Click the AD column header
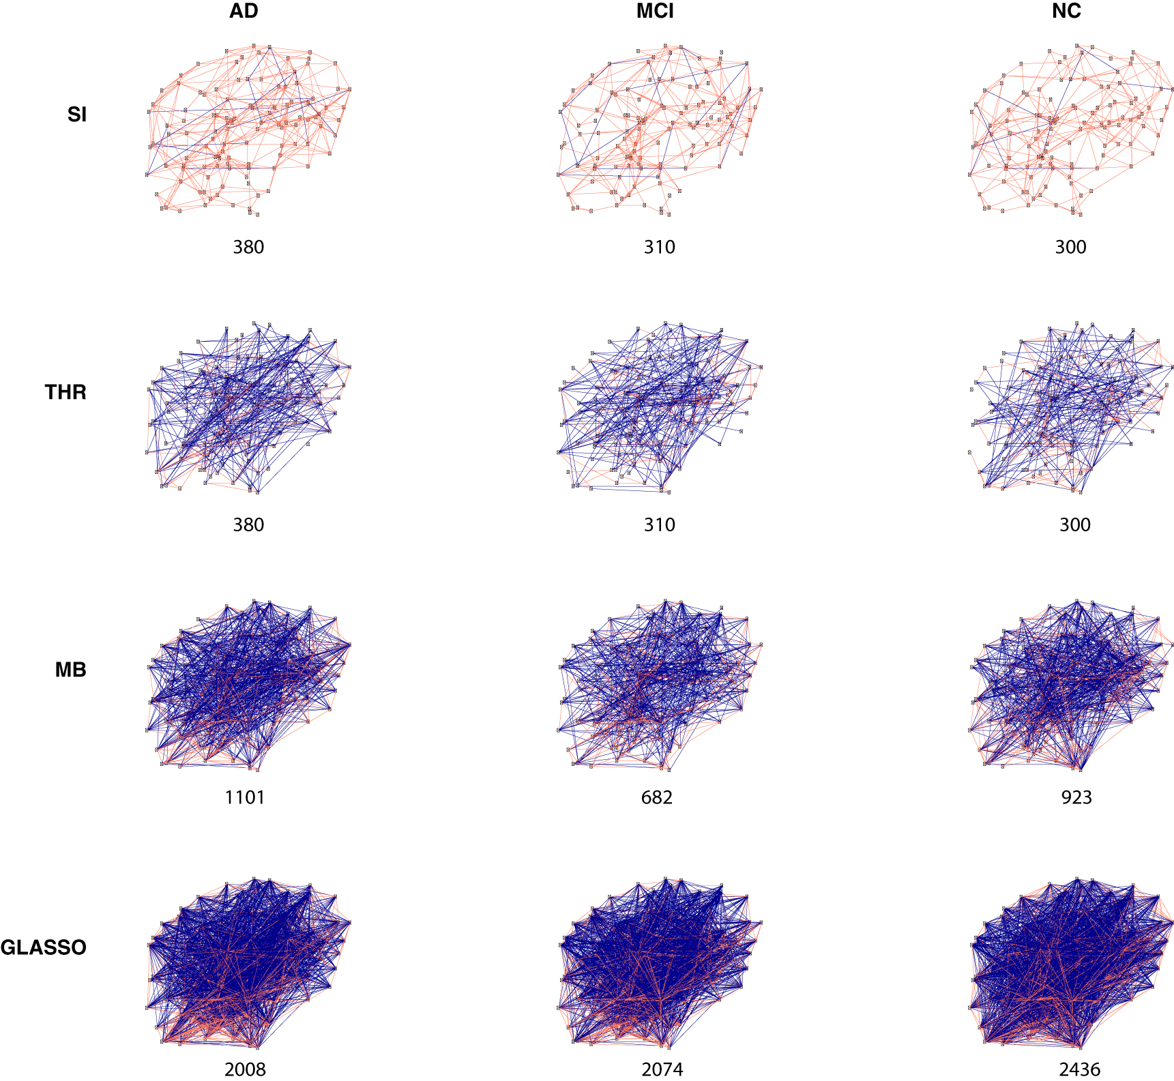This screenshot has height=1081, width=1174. pos(244,11)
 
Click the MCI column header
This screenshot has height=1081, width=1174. pos(655,11)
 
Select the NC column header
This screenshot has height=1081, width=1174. pos(1066,11)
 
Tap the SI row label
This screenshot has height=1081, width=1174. pos(77,114)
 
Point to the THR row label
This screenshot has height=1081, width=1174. pos(65,391)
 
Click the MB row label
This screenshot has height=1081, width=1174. pos(71,670)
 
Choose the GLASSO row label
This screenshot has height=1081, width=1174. pos(44,947)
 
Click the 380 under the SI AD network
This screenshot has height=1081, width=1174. pos(248,247)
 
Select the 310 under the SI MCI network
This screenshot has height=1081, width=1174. pos(660,247)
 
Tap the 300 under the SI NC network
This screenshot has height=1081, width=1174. pos(1070,247)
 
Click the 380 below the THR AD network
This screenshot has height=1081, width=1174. pos(248,524)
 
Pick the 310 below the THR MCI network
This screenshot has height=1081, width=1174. pos(660,524)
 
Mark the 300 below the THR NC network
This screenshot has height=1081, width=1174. pos(1074,524)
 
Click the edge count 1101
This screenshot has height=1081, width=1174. pos(245,797)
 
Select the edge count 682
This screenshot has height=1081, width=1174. pos(657,797)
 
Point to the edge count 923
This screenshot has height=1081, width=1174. pos(1076,797)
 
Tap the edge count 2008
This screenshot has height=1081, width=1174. pos(245,1069)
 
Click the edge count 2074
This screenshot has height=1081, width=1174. pos(662,1069)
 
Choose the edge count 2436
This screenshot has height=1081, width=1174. pos(1080,1069)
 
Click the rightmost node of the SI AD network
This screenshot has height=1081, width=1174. pos(350,89)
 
